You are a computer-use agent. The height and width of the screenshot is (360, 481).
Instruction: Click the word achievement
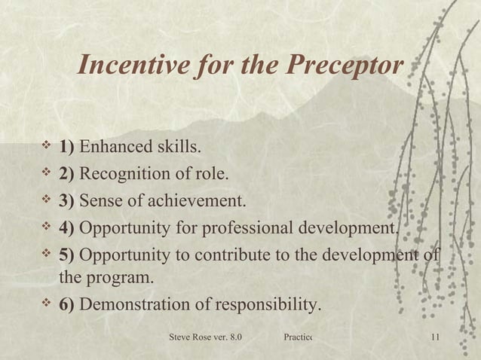pyautogui.click(x=197, y=201)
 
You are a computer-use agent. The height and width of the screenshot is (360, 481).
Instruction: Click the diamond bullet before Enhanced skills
pyautogui.click(x=47, y=145)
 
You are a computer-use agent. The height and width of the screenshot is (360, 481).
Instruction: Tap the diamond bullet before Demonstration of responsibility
pyautogui.click(x=47, y=304)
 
